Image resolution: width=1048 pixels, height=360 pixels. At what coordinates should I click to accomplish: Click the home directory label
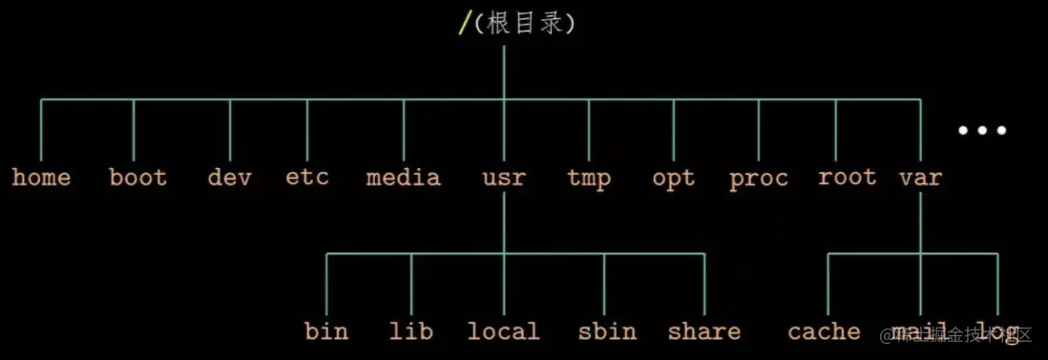(x=41, y=178)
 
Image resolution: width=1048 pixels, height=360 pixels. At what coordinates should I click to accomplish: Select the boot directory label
(x=137, y=178)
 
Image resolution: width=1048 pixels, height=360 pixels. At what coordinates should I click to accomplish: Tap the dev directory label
(x=229, y=178)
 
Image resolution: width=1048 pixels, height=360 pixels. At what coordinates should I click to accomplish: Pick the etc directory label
(x=306, y=178)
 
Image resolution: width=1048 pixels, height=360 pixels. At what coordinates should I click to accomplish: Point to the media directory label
(x=403, y=178)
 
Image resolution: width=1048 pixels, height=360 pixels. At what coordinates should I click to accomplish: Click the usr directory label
(x=504, y=178)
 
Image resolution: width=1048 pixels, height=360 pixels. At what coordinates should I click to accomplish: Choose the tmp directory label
(x=589, y=178)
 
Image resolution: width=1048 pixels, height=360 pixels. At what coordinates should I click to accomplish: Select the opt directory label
(x=673, y=178)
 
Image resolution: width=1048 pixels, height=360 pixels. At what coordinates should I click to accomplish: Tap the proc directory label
(x=759, y=178)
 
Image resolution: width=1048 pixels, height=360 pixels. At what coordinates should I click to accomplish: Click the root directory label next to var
(x=847, y=178)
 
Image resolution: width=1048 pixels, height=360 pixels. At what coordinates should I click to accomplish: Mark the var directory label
(x=920, y=178)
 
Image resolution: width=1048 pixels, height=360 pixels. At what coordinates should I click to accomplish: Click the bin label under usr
(x=326, y=331)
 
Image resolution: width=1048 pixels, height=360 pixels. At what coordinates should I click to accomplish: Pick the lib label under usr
(x=410, y=331)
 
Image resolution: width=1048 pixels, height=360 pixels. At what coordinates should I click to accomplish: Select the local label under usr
(x=503, y=331)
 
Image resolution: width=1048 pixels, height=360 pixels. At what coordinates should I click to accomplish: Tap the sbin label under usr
(x=606, y=331)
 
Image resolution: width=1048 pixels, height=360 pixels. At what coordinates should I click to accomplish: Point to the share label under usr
(x=703, y=331)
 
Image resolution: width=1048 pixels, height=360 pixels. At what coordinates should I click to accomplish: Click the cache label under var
(x=824, y=331)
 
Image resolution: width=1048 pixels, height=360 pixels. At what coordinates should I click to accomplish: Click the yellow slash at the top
(x=464, y=24)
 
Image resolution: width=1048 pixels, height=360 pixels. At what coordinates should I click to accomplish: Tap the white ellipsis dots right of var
(x=982, y=131)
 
